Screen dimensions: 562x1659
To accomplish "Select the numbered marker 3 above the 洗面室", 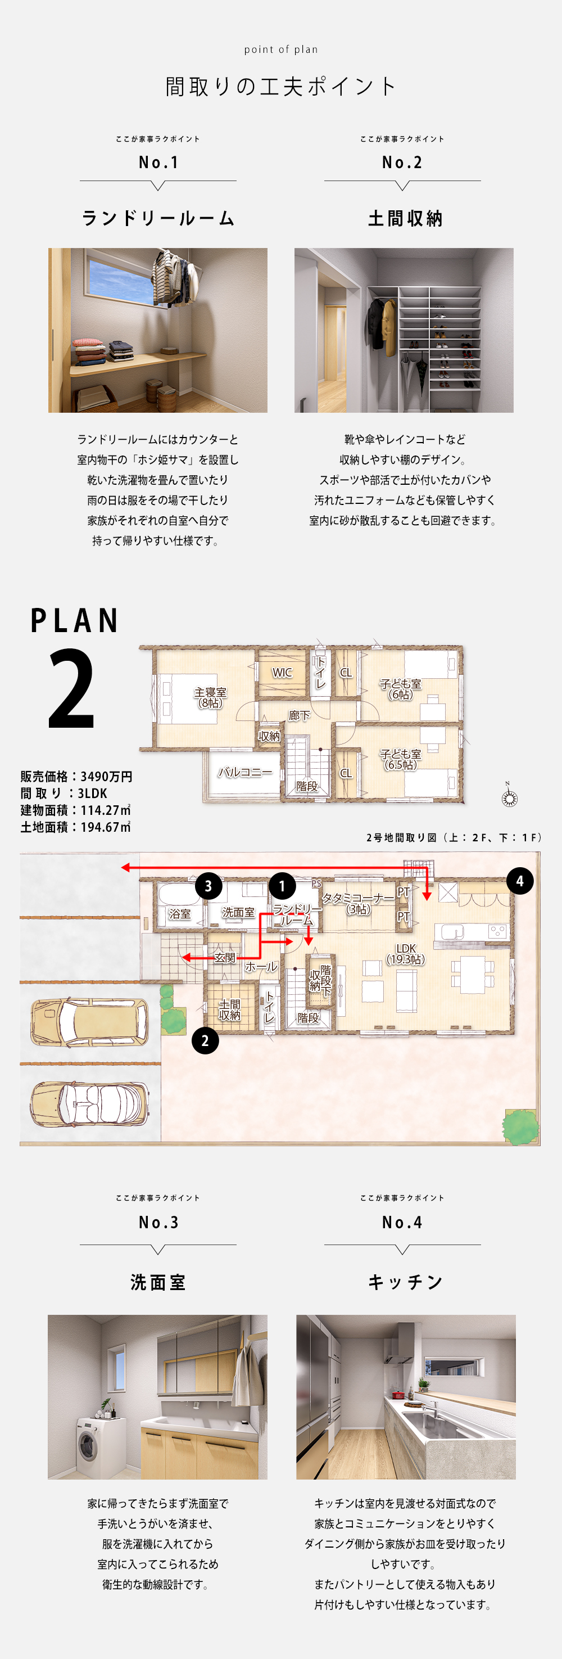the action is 208,886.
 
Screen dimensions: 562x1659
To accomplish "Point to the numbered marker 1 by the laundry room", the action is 282,886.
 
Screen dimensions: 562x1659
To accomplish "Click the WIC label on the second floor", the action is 282,673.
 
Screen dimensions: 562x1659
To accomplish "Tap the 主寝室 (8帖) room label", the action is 211,697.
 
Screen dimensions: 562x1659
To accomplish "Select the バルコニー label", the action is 244,772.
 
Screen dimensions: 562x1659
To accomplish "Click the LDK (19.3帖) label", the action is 406,954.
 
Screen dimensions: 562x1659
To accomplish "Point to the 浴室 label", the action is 180,913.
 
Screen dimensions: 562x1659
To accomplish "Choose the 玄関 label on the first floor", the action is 225,958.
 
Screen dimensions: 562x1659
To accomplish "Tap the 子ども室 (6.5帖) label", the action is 400,759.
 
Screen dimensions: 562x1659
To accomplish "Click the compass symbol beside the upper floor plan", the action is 509,797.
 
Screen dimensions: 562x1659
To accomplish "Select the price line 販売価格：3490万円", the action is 76,777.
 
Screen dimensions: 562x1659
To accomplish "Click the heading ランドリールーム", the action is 158,218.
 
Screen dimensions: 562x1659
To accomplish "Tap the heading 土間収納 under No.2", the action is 405,218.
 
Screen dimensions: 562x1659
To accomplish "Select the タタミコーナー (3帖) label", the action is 358,904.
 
